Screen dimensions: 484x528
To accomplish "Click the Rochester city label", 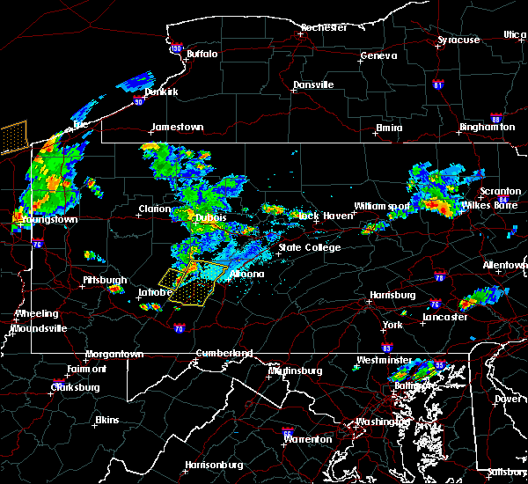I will click(x=324, y=27).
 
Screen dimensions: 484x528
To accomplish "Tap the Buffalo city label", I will click(x=202, y=54).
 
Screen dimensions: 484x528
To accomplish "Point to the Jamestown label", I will click(x=177, y=127).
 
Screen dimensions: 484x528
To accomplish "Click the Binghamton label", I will click(x=487, y=128).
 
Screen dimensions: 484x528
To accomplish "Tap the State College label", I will click(x=309, y=247).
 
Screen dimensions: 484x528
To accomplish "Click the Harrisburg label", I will click(x=392, y=295).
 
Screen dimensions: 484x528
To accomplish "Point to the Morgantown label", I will click(x=114, y=355).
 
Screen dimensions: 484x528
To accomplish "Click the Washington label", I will click(x=381, y=422).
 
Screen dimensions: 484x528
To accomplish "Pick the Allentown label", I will click(x=505, y=265).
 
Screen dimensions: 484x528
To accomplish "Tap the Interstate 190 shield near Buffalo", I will click(x=176, y=48).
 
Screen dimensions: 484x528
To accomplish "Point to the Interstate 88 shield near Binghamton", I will click(x=495, y=118).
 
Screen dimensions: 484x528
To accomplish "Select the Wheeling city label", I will click(x=38, y=313).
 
